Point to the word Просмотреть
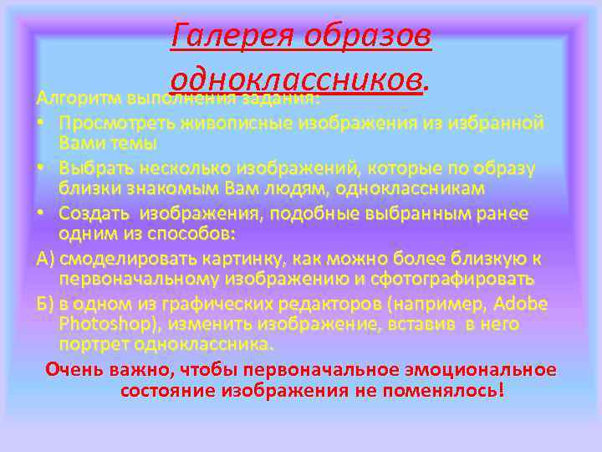(x=114, y=123)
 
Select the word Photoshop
(x=104, y=324)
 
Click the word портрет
(x=92, y=344)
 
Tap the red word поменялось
(x=446, y=390)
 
